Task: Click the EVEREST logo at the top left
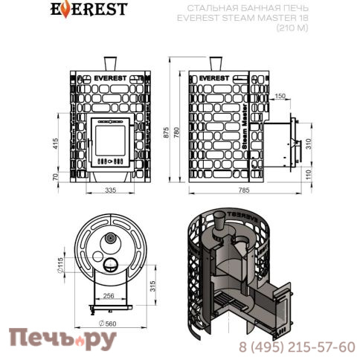[x=89, y=10]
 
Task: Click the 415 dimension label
[x=56, y=144]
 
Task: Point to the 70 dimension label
[x=56, y=176]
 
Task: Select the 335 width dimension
[x=110, y=190]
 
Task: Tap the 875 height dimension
[x=166, y=132]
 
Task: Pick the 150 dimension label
[x=280, y=96]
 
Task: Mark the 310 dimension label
[x=308, y=144]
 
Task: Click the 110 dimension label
[x=308, y=175]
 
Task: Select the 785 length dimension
[x=244, y=190]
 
